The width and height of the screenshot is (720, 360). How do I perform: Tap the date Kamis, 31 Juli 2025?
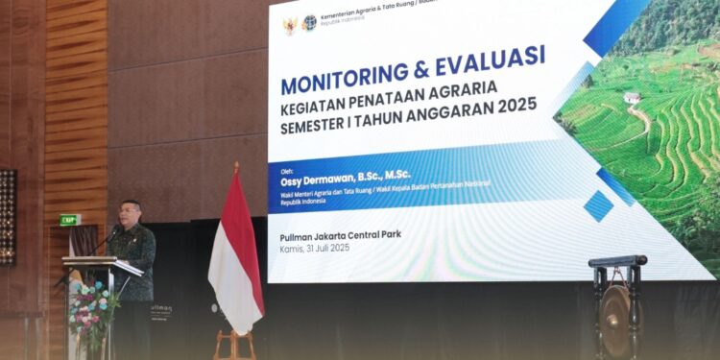click(315, 249)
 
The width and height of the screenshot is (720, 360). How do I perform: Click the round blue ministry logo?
click(309, 23)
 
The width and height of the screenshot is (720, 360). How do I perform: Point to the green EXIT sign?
click(69, 220)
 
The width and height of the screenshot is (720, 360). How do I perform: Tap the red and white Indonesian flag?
click(235, 254)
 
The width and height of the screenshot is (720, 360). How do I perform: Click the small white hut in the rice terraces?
click(631, 97)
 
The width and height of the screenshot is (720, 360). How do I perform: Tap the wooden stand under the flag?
click(235, 344)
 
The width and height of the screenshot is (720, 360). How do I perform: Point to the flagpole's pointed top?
click(236, 166)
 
